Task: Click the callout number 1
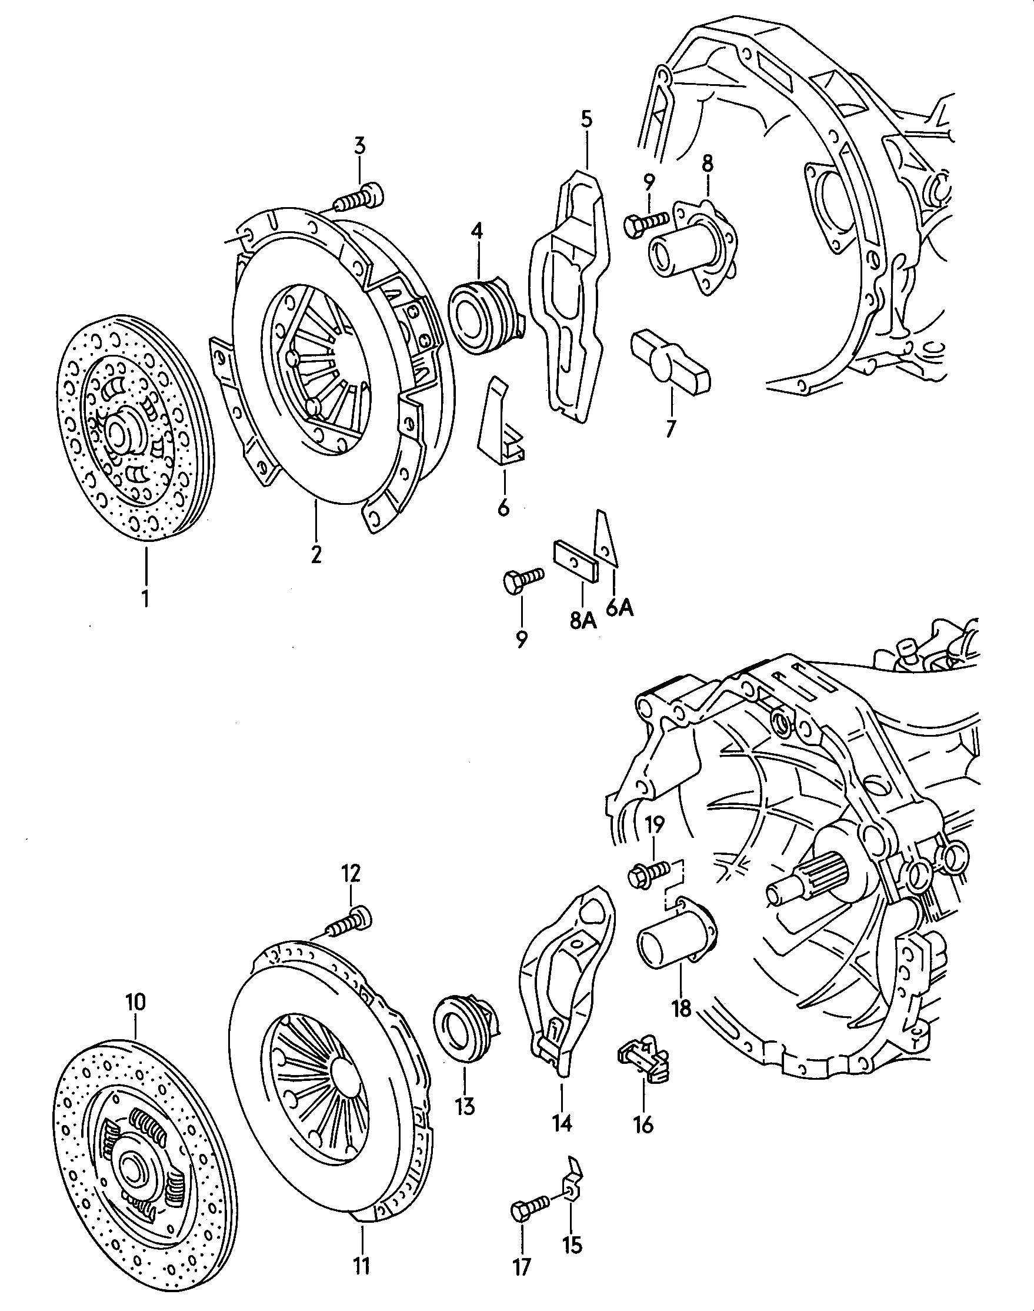(x=145, y=598)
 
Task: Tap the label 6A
(x=619, y=607)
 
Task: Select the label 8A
(x=582, y=621)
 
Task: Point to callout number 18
(x=681, y=1008)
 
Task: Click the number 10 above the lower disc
(x=135, y=1002)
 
